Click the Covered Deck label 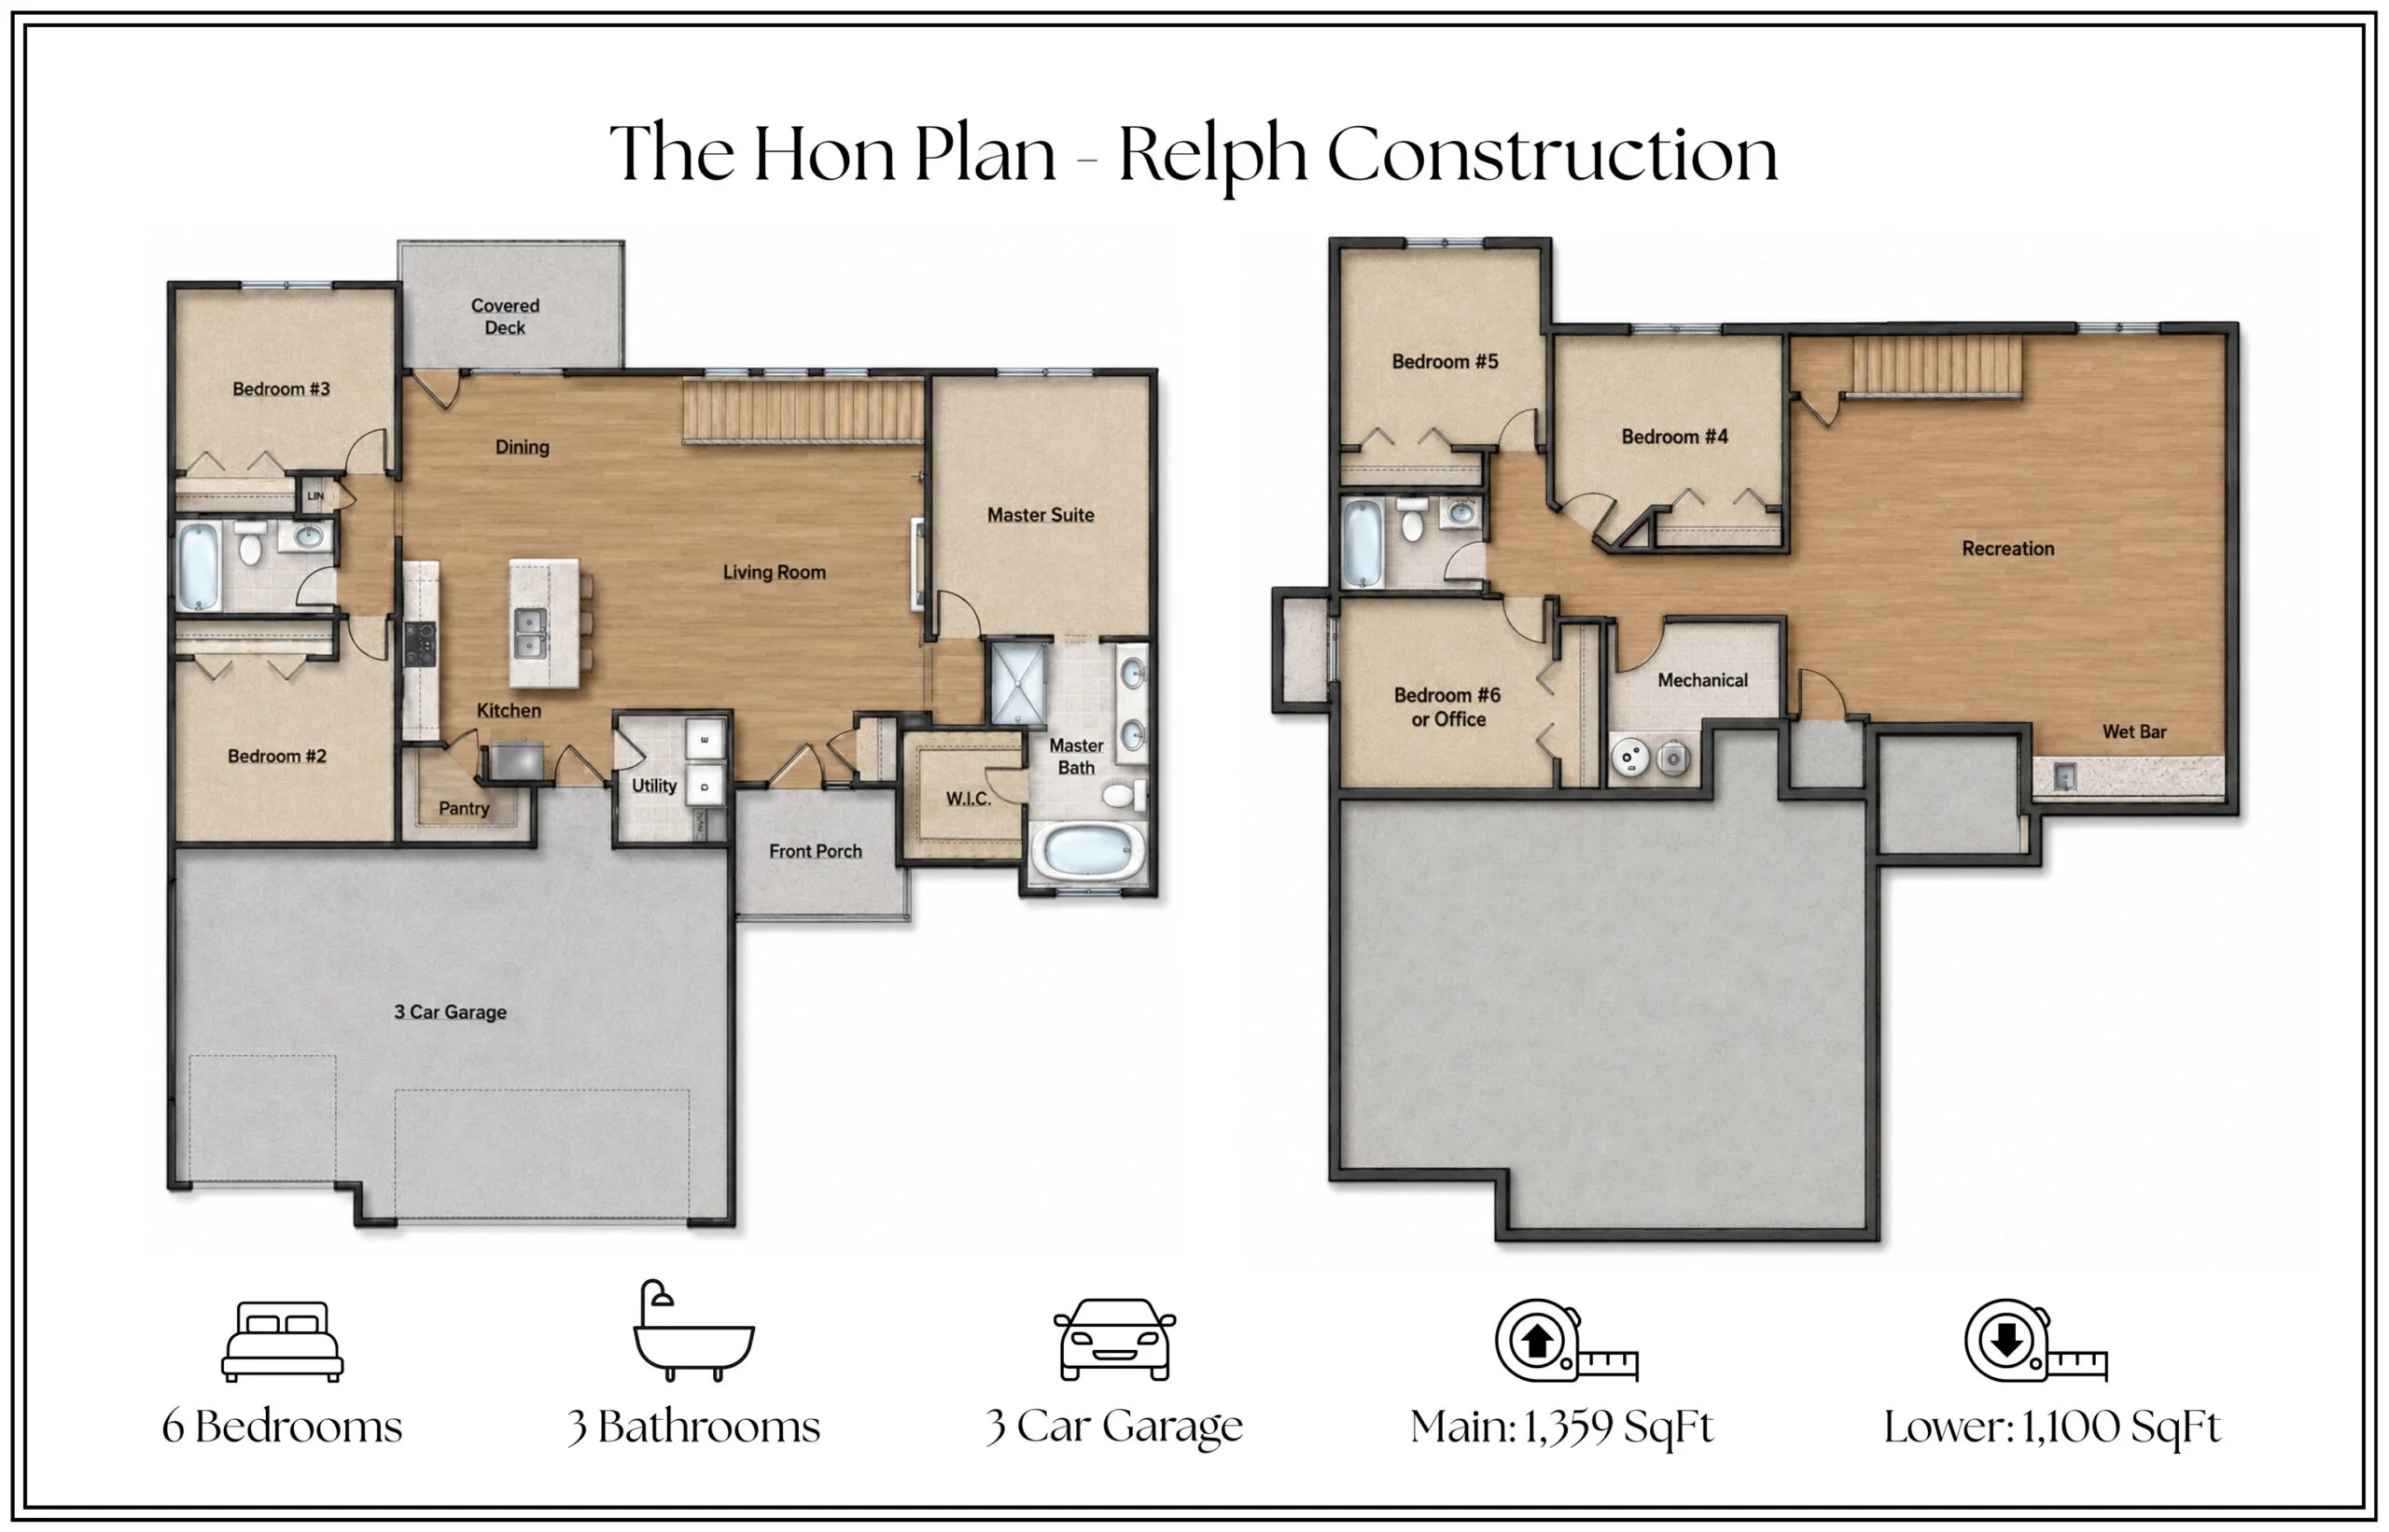[x=505, y=316]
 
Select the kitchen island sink [x=528, y=634]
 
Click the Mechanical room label [x=1701, y=680]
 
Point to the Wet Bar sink [x=2064, y=776]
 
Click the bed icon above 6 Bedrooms [x=282, y=1341]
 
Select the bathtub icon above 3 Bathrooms [x=693, y=1331]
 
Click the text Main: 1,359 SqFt [x=1561, y=1428]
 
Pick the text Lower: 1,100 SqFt [x=2052, y=1428]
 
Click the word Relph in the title [x=1213, y=157]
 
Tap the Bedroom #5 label [x=1444, y=362]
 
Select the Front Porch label [x=815, y=852]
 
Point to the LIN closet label [x=315, y=495]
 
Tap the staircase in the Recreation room [x=1936, y=366]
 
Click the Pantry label [x=464, y=809]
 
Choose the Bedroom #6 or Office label [x=1446, y=707]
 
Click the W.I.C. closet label [x=967, y=799]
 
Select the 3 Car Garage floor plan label [x=450, y=1012]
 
